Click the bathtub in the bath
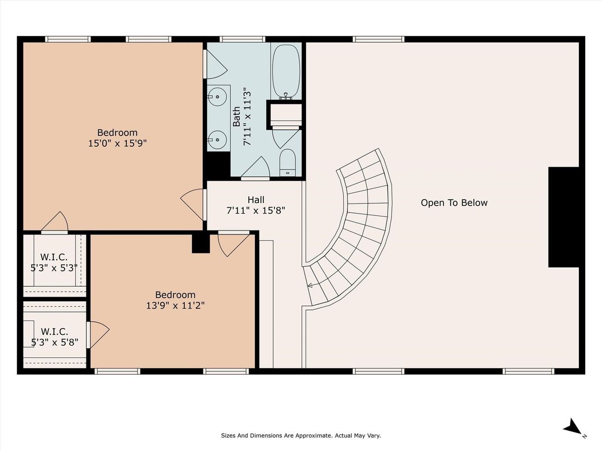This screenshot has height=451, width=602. click(x=286, y=72)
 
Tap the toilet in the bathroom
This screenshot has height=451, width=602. click(x=288, y=163)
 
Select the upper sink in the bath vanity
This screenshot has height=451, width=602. click(x=218, y=95)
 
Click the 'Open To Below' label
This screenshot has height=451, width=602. click(x=454, y=203)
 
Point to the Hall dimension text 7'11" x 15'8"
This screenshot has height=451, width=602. click(x=256, y=210)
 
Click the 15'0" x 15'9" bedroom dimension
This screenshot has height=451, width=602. click(x=117, y=144)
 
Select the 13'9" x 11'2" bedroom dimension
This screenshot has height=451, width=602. click(x=175, y=306)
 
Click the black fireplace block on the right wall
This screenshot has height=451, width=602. click(x=563, y=217)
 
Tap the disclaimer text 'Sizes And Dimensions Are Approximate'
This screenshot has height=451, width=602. click(x=276, y=436)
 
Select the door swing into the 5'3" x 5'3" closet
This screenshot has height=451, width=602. click(x=54, y=222)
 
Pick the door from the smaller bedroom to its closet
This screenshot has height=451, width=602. click(x=98, y=335)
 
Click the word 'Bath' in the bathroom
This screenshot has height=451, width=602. click(x=236, y=117)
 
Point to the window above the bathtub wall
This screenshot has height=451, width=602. click(x=242, y=39)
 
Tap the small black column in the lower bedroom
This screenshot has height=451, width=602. click(x=201, y=243)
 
